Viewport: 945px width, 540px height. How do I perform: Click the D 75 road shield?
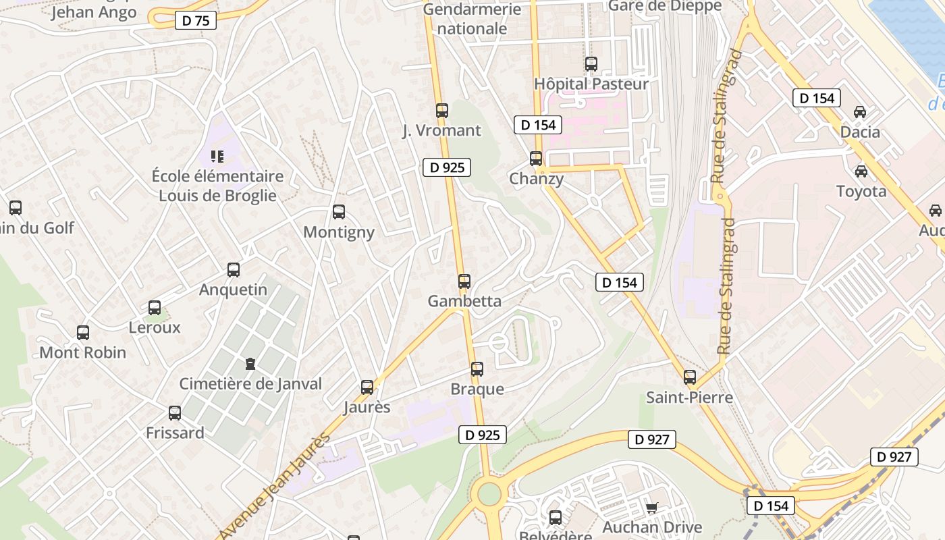196,20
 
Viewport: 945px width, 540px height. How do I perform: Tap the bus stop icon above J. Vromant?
442,111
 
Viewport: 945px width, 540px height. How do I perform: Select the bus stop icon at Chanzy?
536,159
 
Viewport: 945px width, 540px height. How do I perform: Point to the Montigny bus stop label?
338,232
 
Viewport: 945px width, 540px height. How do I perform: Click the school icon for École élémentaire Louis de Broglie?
217,157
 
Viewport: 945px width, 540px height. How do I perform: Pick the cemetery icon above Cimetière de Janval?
250,364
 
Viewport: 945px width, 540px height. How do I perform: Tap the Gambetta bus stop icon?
464,281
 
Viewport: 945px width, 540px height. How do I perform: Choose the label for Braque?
477,389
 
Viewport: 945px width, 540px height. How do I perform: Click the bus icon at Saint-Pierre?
690,377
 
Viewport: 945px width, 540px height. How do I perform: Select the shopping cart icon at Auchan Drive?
651,508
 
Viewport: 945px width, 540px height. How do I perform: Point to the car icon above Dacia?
860,112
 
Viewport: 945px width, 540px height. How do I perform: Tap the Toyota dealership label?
861,191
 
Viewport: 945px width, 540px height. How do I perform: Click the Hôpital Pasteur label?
591,84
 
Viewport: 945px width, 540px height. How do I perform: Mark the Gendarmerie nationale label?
473,19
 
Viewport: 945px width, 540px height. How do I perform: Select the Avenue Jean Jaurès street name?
275,485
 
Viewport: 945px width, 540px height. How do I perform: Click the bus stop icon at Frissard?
175,413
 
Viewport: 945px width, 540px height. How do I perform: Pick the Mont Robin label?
83,352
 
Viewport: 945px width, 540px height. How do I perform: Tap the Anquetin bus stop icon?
234,270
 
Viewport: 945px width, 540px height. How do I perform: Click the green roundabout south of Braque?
489,494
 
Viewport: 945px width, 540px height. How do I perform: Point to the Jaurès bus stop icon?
367,387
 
